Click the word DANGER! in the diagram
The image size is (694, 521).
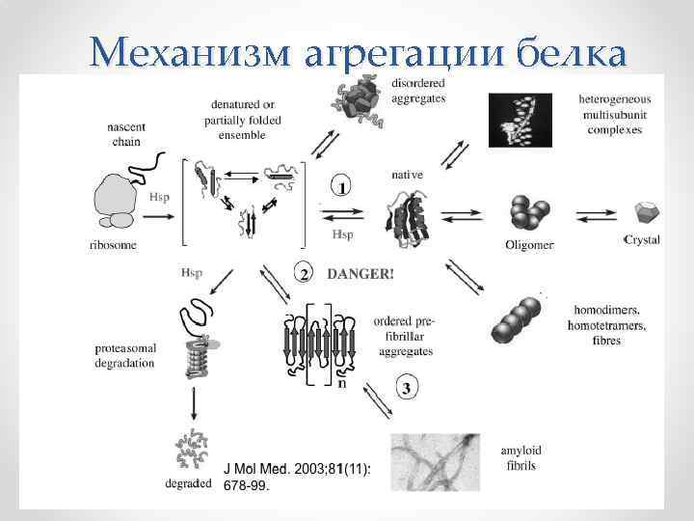360,273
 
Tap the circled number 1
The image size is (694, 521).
341,184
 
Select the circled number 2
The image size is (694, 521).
305,274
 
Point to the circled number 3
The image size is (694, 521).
406,389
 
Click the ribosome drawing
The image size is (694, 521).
116,202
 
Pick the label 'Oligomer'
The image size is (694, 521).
529,245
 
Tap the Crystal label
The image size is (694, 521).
642,239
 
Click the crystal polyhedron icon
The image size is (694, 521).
644,213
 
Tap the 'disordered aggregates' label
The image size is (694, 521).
418,92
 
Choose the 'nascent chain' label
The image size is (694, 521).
128,133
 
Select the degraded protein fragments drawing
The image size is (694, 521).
194,450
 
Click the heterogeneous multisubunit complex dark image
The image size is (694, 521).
520,120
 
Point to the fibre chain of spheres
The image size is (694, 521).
520,317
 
